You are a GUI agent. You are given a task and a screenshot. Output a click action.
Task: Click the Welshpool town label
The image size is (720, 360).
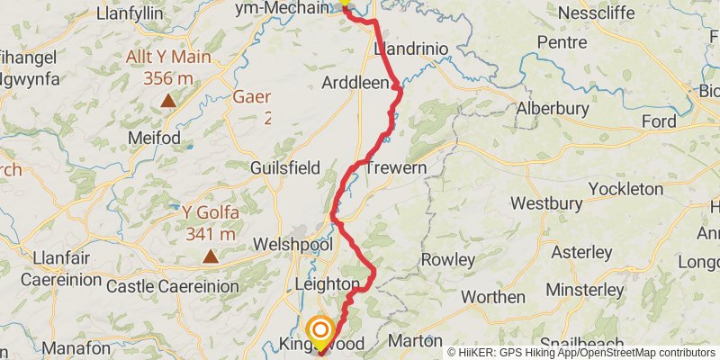click(294, 245)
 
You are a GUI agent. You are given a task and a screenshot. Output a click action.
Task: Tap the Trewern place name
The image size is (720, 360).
click(394, 167)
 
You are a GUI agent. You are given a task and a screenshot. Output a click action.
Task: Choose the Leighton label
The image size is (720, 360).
click(328, 285)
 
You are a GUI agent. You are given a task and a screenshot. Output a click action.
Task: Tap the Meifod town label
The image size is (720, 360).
click(157, 138)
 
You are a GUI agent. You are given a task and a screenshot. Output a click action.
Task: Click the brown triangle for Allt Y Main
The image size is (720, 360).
click(168, 100)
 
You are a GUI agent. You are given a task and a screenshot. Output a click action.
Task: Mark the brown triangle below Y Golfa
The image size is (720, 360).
click(210, 256)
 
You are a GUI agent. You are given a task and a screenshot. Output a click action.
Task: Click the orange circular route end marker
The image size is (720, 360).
click(319, 329)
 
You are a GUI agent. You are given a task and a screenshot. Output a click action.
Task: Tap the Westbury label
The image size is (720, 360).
click(543, 203)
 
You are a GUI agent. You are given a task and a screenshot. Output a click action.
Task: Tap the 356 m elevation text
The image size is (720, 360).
click(168, 78)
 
